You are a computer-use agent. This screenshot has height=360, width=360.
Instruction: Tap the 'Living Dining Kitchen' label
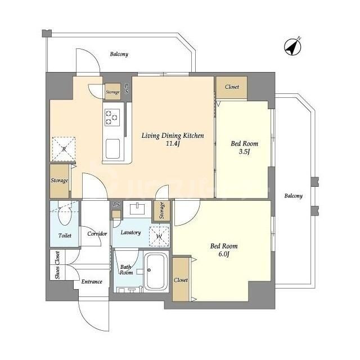coord(172,136)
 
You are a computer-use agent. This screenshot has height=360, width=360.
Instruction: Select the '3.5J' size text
coord(244,151)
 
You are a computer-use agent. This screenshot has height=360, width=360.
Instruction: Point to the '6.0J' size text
coord(224,255)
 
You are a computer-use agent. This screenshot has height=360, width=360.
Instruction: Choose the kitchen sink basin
coord(112,149)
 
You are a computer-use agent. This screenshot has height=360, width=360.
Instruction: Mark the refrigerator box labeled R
coord(64,149)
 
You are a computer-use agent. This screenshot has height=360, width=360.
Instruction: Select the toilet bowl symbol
coord(64,214)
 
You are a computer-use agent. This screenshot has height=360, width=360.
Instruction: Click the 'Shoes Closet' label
coord(57,264)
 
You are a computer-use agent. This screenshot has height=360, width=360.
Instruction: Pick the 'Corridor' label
coord(97,233)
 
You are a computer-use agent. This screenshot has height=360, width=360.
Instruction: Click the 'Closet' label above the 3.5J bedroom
coord(232,87)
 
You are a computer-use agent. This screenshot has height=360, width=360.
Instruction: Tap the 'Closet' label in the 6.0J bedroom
coord(181,280)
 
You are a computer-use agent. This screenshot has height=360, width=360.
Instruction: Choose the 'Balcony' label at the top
coord(119,55)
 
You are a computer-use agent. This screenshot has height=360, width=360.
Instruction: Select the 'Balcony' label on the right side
coord(293,196)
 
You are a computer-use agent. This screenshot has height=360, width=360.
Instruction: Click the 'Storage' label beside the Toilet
coord(60,181)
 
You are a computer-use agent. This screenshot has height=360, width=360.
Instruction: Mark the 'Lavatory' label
coord(130,232)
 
